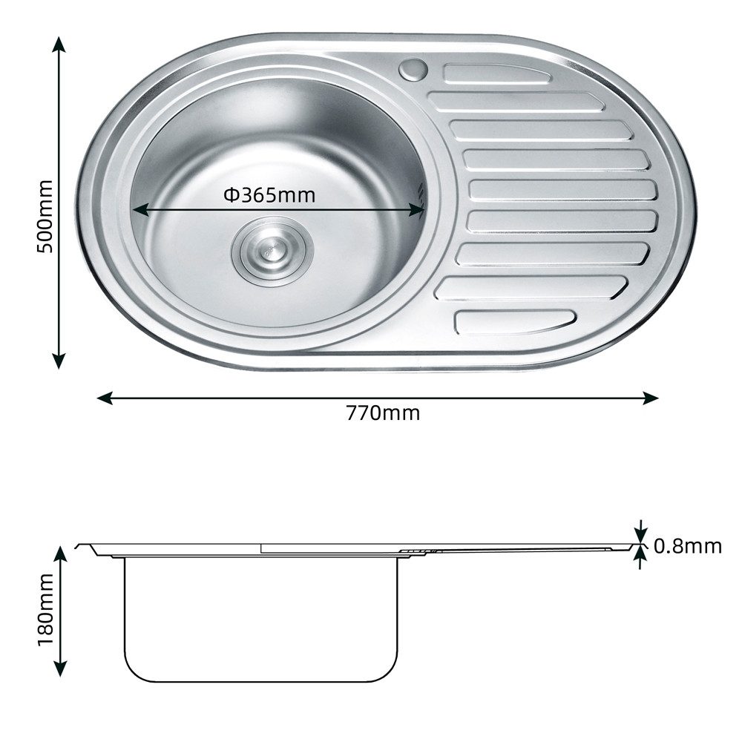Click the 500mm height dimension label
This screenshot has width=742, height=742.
[x=45, y=216]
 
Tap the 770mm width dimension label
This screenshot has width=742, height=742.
[x=383, y=413]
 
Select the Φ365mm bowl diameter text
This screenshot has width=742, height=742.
[x=269, y=194]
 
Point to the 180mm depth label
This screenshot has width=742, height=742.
[x=45, y=609]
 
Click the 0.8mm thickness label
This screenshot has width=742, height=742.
[x=688, y=547]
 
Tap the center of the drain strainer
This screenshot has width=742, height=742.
[x=272, y=251]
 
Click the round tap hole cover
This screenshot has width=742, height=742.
[x=413, y=69]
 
